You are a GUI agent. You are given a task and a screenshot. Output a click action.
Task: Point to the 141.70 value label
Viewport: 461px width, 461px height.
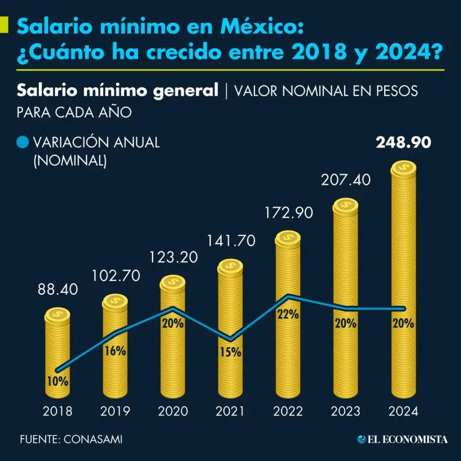click(x=231, y=241)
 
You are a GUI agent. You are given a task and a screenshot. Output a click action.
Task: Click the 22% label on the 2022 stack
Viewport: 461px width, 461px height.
click(x=288, y=315)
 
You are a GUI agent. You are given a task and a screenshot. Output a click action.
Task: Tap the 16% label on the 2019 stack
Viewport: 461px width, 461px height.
click(x=115, y=351)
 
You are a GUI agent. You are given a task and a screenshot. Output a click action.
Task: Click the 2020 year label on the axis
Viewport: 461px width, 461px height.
click(x=173, y=412)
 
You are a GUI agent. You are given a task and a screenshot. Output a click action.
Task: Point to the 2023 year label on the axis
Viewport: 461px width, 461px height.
click(x=345, y=412)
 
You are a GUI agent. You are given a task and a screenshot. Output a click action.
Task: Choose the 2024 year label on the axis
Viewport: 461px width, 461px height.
click(x=403, y=412)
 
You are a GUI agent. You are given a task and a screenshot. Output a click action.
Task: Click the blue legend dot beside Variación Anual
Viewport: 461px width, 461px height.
click(x=23, y=142)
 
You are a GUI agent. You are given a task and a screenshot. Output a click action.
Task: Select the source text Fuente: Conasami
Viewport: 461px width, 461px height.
click(x=71, y=439)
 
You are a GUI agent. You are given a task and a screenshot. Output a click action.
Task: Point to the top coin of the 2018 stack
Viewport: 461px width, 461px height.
click(x=58, y=314)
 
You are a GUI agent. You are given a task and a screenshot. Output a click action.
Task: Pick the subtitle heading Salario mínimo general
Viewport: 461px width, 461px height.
click(x=117, y=91)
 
